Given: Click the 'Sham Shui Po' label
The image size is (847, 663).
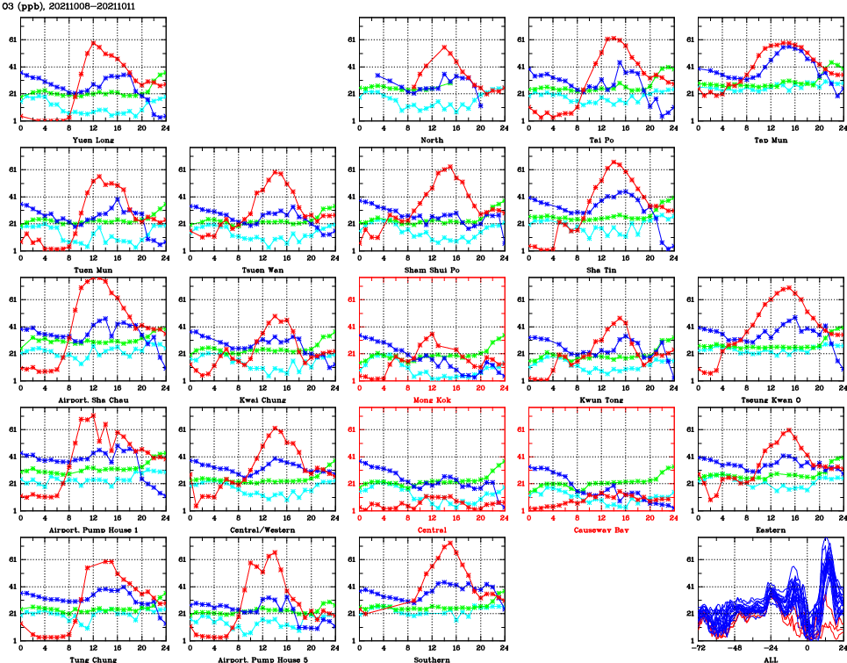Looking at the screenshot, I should click(432, 270).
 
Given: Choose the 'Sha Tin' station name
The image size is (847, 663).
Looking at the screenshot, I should click(601, 270).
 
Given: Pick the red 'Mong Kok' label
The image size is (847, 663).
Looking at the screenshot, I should click(432, 400).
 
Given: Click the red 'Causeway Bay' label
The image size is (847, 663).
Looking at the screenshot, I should click(601, 530).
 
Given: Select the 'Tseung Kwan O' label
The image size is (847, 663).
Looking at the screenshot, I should click(771, 400).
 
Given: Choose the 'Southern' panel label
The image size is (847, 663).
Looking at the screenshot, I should click(432, 659).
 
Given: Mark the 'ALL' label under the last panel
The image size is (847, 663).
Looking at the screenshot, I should click(771, 659).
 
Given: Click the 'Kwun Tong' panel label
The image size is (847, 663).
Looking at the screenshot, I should click(601, 400).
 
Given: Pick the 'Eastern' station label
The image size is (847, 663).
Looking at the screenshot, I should click(771, 530).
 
